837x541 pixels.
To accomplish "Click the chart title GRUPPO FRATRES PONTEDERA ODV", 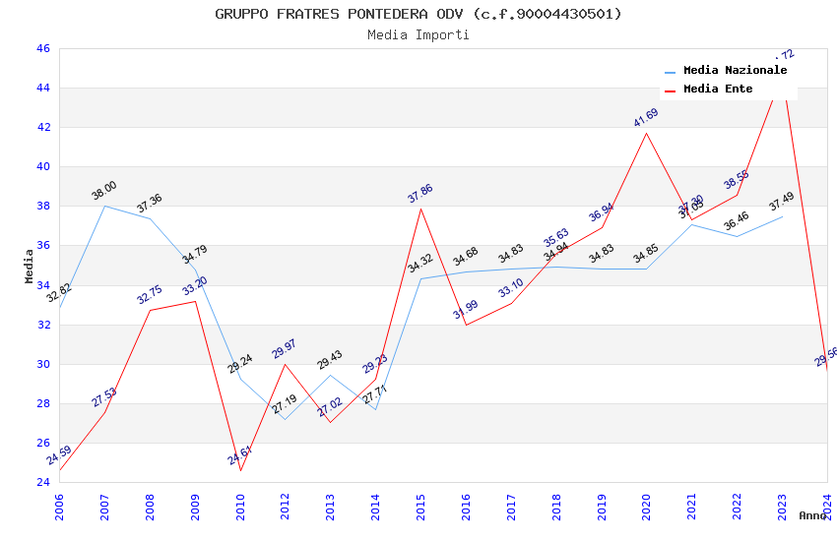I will point(418,14).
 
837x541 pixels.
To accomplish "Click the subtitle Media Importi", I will point(418,35).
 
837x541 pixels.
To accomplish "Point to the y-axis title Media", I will point(30,266).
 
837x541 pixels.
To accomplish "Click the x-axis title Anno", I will point(812,515).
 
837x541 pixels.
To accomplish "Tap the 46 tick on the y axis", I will point(41,48).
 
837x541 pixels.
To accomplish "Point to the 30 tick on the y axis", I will point(41,364).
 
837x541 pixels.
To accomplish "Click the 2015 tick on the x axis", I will point(421,502).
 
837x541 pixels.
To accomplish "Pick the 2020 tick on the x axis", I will point(647,502).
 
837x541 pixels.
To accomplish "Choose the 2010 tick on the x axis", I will point(241,502).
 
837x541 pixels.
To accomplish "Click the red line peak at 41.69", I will point(647,133).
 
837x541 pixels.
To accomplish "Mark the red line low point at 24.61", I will point(240,470).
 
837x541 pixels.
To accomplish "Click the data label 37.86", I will point(420,194).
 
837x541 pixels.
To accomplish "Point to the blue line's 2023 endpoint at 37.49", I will point(783,215).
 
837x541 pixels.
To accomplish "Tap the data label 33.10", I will point(511,288).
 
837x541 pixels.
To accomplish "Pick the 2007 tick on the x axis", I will point(105,502).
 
